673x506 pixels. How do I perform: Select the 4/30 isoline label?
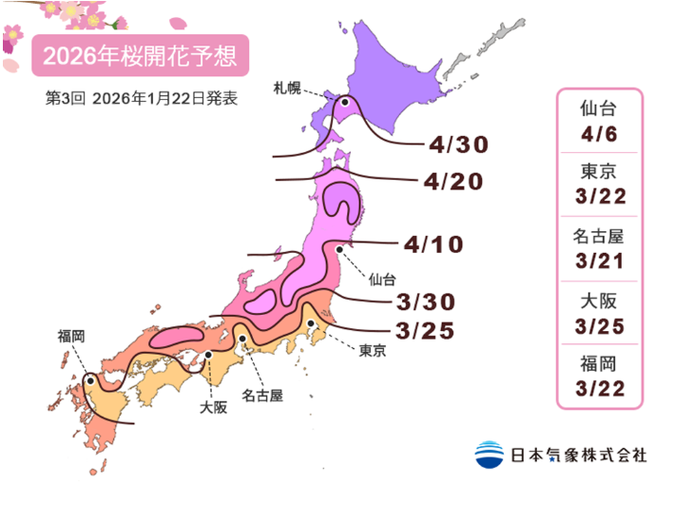click(457, 145)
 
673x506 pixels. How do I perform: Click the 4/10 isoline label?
click(433, 244)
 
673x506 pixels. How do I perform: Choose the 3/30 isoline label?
click(423, 302)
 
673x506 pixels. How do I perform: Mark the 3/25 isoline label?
click(423, 331)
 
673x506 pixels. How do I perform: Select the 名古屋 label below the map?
click(261, 392)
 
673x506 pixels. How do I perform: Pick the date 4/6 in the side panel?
click(598, 134)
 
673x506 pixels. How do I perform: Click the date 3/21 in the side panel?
click(598, 260)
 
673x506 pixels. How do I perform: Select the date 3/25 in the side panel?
click(598, 324)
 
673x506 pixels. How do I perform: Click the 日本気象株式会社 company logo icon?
click(489, 454)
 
